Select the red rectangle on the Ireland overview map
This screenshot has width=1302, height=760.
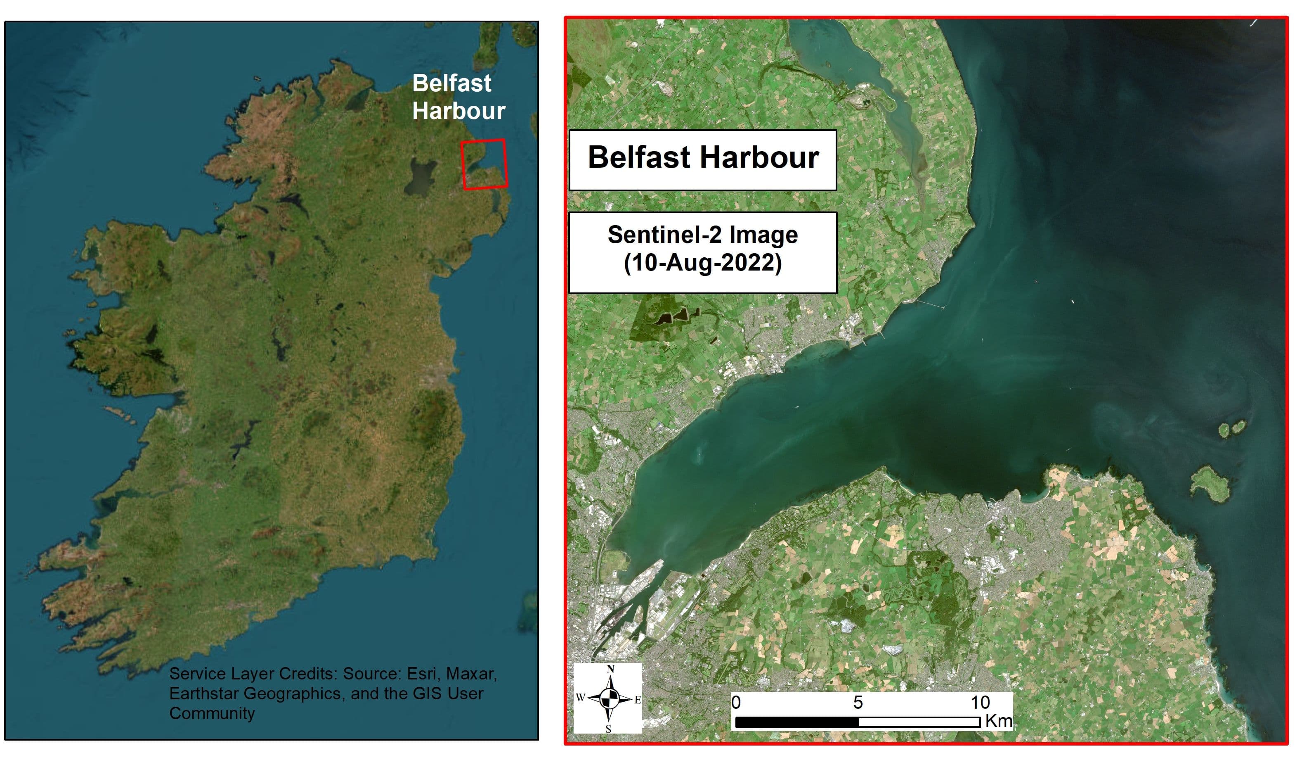pos(484,164)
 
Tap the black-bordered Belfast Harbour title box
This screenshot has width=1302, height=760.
pos(703,159)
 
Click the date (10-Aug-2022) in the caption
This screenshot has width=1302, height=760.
pos(703,263)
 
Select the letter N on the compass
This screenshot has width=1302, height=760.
pos(611,670)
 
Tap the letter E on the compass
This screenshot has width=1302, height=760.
pos(638,700)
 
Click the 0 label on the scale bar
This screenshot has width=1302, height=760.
pos(736,703)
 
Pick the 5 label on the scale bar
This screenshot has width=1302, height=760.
pos(858,703)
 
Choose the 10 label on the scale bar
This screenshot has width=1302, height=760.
pos(980,703)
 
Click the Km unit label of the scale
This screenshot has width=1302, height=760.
pos(998,721)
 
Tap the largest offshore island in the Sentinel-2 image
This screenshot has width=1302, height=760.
pos(1210,483)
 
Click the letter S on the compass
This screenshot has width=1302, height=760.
pos(609,729)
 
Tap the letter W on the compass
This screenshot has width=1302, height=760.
pos(580,698)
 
